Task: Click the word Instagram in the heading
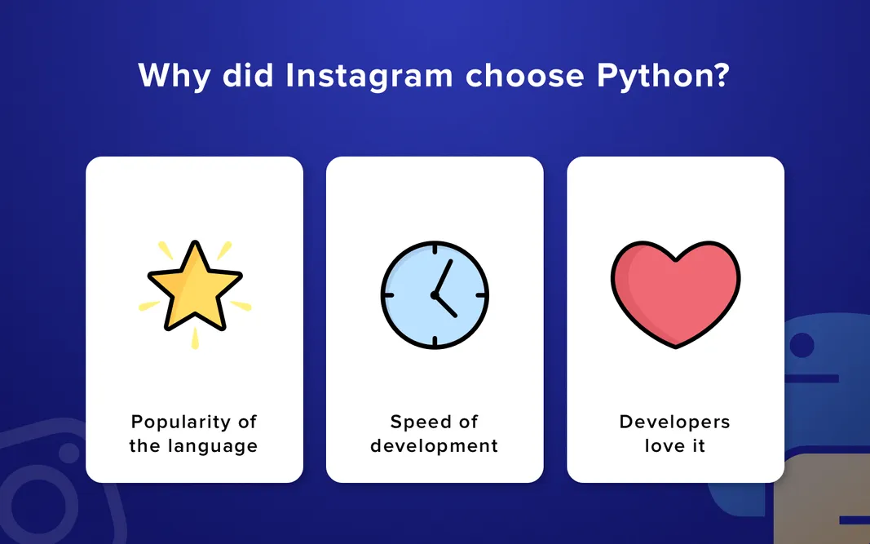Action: click(369, 76)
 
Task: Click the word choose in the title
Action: click(525, 76)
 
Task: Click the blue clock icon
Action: click(435, 294)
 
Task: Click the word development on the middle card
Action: click(434, 446)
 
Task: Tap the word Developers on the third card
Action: click(675, 422)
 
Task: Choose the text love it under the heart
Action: click(675, 446)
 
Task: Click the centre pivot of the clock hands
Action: click(435, 294)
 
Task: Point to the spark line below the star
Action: click(194, 340)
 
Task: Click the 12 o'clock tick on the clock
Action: click(435, 247)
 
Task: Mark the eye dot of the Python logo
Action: click(802, 346)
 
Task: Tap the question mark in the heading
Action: click(719, 76)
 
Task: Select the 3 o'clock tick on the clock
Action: click(482, 294)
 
